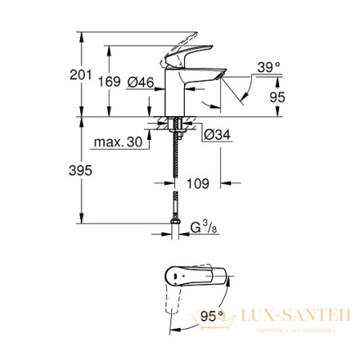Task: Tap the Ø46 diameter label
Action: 141,82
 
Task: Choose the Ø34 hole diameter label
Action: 205,134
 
